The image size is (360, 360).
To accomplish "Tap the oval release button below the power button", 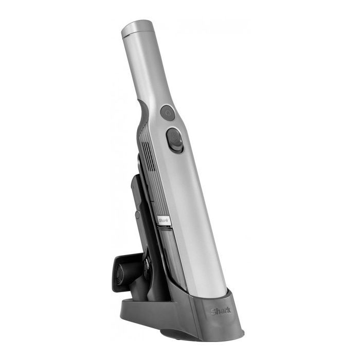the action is click(175, 140).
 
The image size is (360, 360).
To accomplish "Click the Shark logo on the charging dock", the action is click(221, 311).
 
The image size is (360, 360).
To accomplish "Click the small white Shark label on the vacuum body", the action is click(164, 221).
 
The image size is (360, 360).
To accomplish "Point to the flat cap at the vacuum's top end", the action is click(137, 28).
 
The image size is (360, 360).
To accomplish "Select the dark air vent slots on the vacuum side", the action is click(149, 156).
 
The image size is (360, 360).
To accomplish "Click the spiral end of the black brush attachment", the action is click(120, 273).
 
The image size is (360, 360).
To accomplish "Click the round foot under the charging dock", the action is click(174, 334).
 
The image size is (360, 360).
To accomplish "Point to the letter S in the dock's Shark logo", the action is click(213, 311).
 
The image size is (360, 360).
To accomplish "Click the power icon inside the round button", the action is click(168, 113).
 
